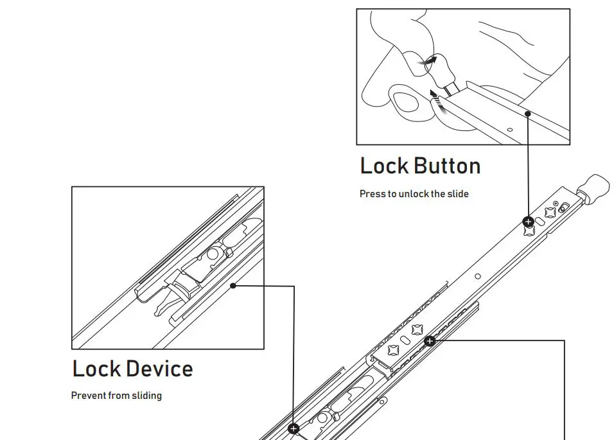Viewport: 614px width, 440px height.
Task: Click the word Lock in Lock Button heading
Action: click(383, 166)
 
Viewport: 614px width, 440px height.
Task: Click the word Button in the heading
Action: click(447, 166)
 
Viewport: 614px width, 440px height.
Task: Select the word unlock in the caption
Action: click(413, 194)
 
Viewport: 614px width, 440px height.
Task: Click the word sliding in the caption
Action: click(146, 396)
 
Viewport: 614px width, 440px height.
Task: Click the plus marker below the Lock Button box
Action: click(529, 222)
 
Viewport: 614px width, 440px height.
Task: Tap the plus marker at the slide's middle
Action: click(430, 341)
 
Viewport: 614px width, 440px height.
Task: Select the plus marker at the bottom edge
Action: click(294, 428)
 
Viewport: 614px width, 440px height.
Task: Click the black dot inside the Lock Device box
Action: click(234, 286)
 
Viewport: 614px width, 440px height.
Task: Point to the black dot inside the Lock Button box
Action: click(528, 113)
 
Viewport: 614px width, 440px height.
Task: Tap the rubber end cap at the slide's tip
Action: click(593, 186)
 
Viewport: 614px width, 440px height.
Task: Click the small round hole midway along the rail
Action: click(478, 277)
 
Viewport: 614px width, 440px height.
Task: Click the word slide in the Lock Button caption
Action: click(459, 194)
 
